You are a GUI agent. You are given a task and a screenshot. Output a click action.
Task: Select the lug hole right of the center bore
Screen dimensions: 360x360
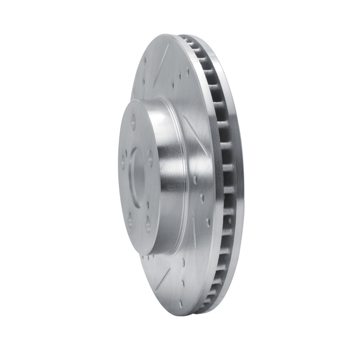coord(150,158)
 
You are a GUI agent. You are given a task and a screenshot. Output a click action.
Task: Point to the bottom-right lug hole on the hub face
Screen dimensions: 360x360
coord(148,224)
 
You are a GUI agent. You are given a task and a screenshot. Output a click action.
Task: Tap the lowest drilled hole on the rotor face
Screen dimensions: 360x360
coord(184,283)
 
